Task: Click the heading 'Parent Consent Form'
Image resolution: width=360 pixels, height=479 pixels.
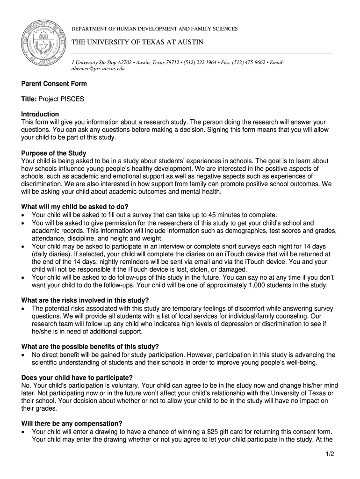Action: coord(54,84)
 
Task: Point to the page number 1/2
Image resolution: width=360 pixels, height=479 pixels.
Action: coord(330,453)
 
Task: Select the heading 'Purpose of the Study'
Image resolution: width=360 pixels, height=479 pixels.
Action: coord(54,153)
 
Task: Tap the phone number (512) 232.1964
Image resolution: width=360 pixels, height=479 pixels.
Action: coord(200,62)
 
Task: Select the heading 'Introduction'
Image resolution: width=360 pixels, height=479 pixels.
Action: coord(40,114)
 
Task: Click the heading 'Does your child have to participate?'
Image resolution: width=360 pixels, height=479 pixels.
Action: coord(77,377)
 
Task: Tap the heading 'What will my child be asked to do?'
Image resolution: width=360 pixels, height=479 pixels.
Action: coord(75,207)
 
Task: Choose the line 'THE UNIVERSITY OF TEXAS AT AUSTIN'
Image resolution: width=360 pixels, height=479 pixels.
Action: coord(137,43)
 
